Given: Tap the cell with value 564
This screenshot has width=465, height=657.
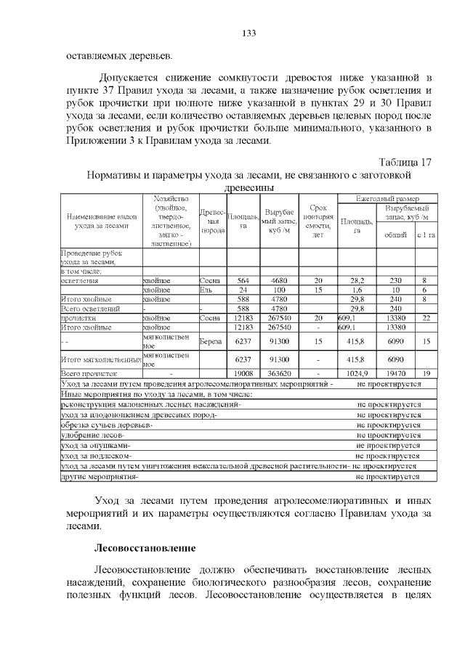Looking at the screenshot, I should [243, 280].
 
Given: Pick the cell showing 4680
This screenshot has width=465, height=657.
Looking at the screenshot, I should [280, 280].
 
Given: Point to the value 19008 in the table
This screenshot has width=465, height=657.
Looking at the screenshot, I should [243, 373].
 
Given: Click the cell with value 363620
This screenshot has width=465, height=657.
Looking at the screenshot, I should [280, 373].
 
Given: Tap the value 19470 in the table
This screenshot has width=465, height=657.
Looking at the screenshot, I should [396, 373].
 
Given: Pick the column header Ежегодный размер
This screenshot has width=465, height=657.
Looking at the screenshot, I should [388, 198].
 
